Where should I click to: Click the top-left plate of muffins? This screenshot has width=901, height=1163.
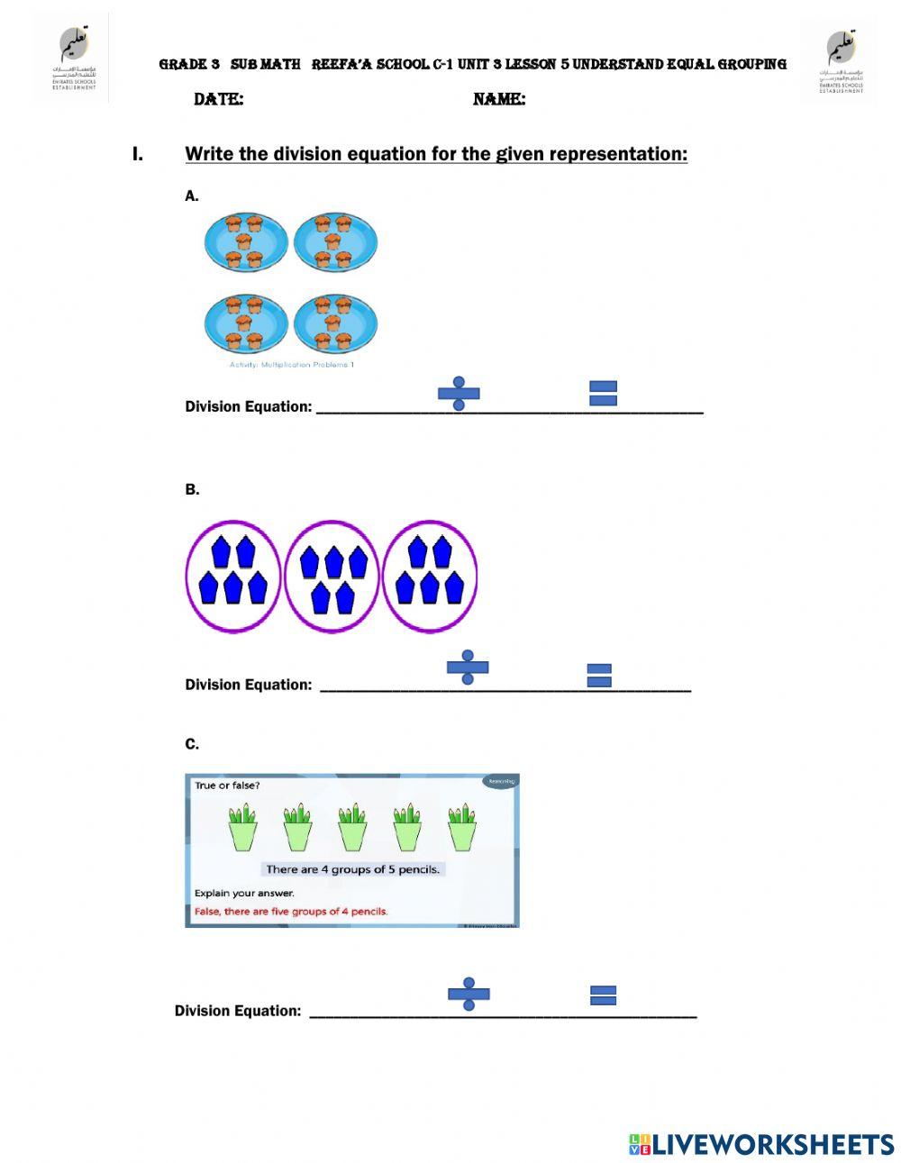click(245, 242)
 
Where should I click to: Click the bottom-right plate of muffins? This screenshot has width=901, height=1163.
click(335, 323)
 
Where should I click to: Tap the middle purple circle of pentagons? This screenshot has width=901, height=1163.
click(332, 577)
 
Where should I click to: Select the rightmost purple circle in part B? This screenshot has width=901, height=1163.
click(430, 577)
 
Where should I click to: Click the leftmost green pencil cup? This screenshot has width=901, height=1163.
click(242, 827)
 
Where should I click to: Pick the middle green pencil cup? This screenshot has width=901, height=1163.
click(352, 827)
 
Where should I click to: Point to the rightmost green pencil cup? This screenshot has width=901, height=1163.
click(462, 827)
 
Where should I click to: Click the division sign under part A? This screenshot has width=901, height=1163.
click(459, 394)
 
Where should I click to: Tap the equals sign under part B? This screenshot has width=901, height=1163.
click(599, 676)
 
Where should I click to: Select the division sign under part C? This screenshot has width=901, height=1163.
click(469, 994)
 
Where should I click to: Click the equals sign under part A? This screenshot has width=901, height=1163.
click(603, 394)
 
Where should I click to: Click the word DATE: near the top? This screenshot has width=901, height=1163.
click(218, 99)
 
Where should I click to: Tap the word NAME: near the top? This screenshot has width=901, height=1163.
click(499, 99)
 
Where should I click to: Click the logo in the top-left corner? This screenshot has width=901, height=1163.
click(73, 58)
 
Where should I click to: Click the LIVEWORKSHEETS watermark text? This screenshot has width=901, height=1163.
click(772, 1144)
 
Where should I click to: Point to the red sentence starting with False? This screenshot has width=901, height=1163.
click(291, 911)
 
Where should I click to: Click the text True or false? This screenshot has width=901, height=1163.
click(227, 785)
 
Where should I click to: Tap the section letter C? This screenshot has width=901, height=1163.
click(192, 744)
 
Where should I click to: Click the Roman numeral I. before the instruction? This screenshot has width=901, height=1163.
click(138, 154)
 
